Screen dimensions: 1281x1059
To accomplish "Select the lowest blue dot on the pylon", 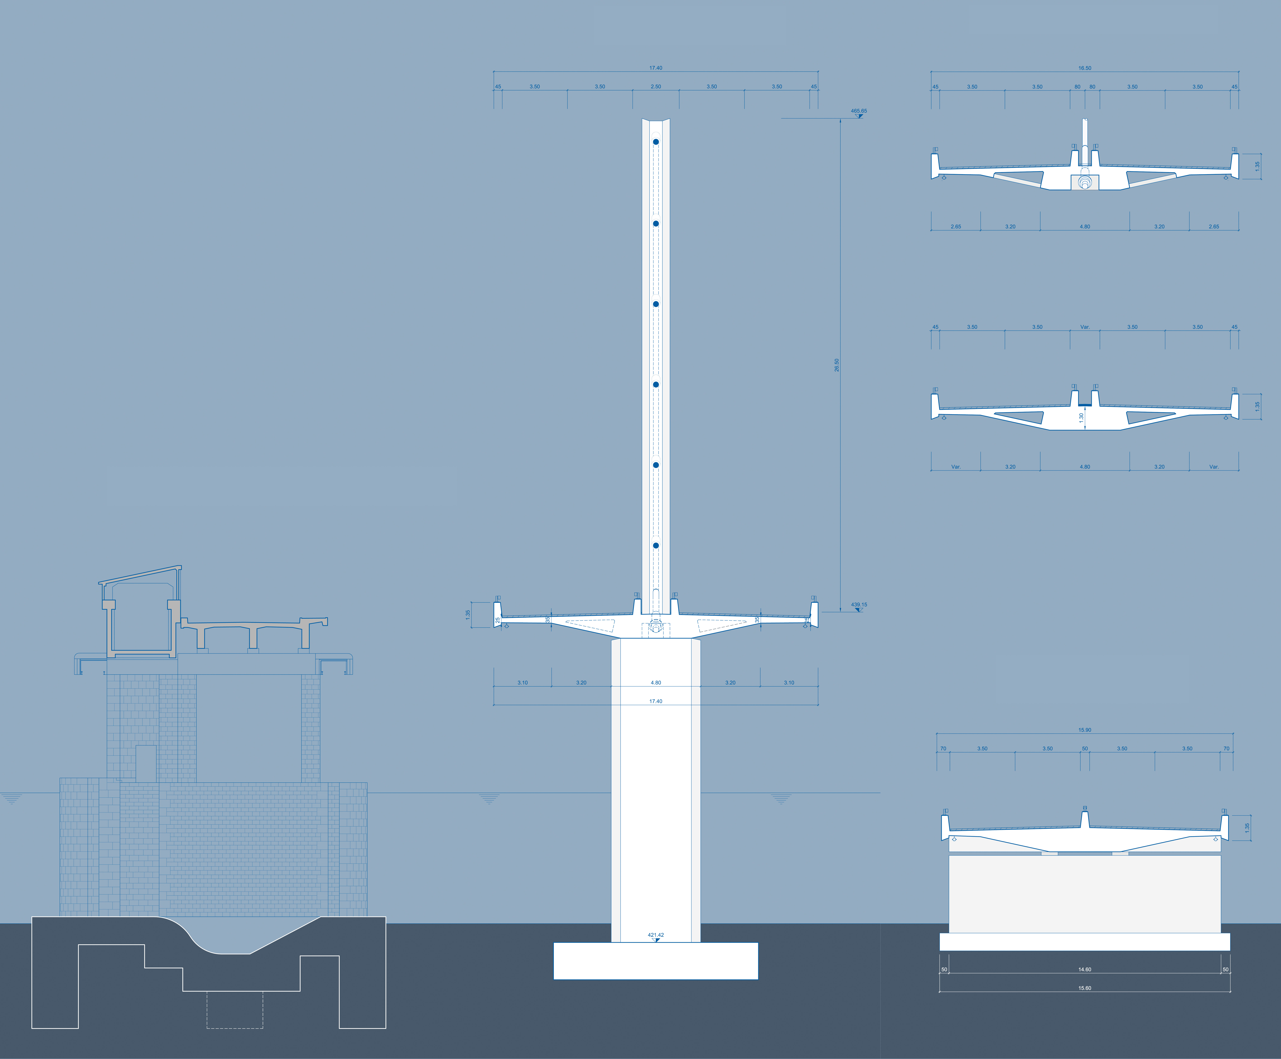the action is click(656, 545).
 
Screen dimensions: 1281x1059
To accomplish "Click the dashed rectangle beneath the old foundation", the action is click(235, 1010).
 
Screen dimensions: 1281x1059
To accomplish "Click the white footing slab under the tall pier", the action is click(656, 961).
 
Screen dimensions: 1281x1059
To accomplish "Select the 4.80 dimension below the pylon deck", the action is click(656, 683).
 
